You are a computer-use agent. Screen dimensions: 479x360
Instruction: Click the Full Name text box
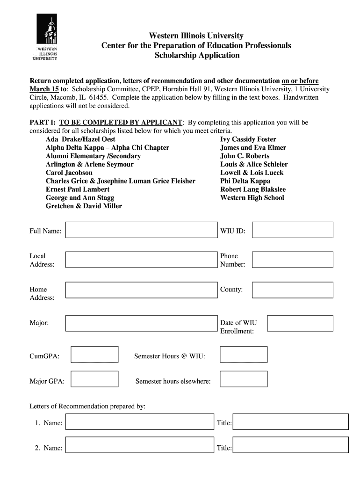click(x=141, y=230)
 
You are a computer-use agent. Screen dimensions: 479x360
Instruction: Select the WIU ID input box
click(x=293, y=230)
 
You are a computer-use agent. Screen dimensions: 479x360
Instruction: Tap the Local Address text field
click(x=141, y=260)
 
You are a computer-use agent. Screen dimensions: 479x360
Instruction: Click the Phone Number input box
click(x=293, y=260)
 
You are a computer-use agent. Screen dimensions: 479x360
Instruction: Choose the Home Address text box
click(x=141, y=290)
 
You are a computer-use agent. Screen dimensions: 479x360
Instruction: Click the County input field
click(x=293, y=290)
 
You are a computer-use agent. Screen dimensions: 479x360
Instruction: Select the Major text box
click(x=141, y=323)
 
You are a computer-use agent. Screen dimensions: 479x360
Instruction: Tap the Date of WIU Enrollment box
click(x=300, y=323)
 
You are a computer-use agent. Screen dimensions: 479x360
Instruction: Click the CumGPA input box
click(x=94, y=355)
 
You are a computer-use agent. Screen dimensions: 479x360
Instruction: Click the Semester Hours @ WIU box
click(x=244, y=355)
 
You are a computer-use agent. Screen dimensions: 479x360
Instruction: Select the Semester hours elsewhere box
click(x=244, y=379)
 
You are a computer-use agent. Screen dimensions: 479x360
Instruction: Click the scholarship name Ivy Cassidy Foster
click(x=248, y=139)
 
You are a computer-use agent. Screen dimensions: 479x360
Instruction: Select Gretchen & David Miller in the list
click(x=84, y=206)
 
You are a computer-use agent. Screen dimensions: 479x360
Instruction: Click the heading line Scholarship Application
click(x=197, y=55)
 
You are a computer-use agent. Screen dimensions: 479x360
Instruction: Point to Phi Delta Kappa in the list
click(x=245, y=181)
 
